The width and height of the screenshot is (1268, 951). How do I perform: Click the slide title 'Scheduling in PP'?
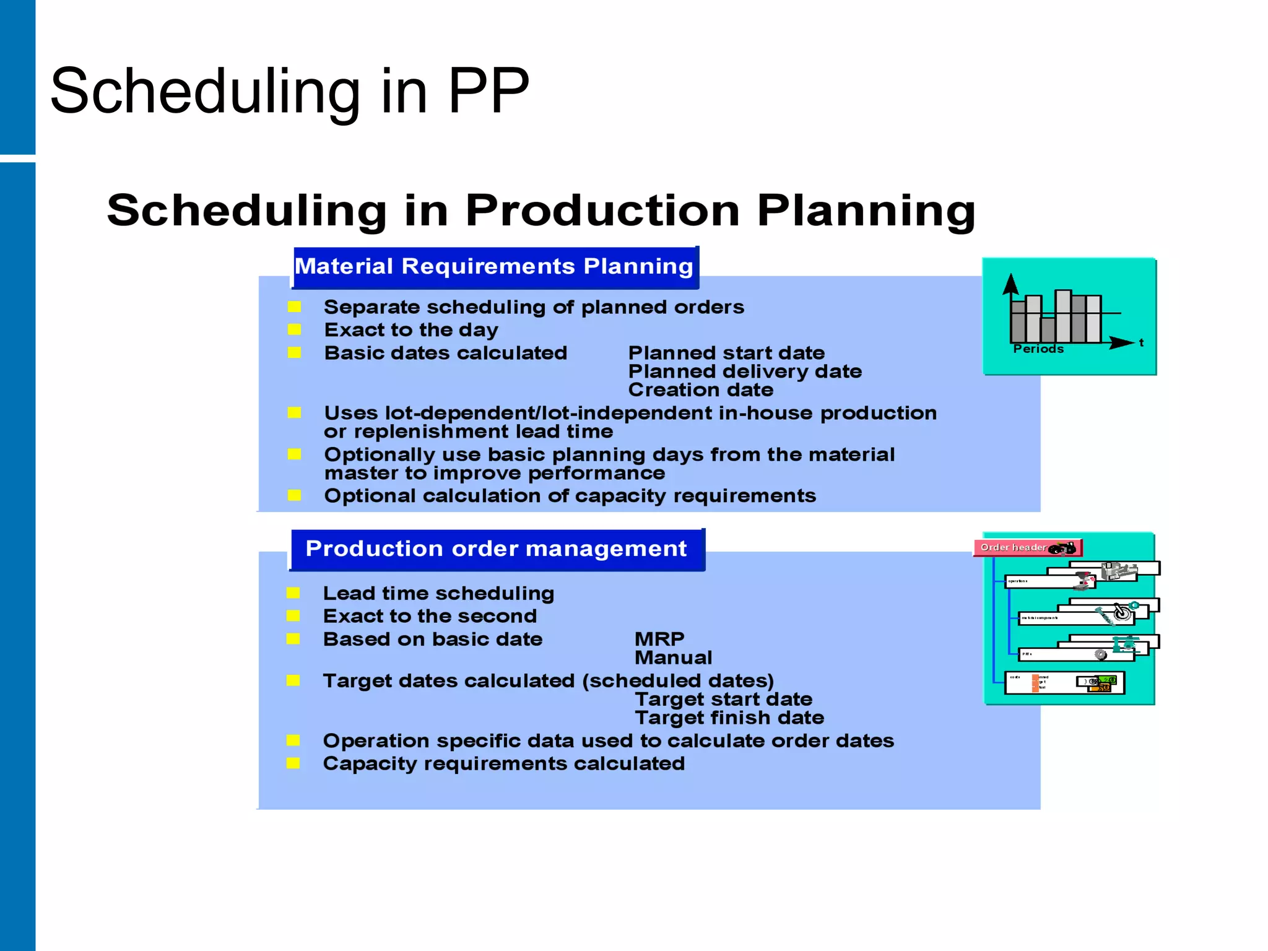[290, 92]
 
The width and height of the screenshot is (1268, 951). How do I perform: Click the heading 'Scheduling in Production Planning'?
[541, 211]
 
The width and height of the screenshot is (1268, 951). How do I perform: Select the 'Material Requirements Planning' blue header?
[494, 267]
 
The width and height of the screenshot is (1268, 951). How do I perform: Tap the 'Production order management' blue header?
[496, 549]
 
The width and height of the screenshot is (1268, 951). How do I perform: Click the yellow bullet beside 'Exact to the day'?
[294, 329]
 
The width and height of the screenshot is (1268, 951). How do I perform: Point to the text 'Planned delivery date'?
[745, 371]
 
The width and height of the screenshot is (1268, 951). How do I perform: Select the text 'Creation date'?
[701, 390]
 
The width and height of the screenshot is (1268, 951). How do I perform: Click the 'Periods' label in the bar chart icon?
[1038, 349]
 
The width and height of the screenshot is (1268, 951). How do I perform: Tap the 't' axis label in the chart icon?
[1141, 342]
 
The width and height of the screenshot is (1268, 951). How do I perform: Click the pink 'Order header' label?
[1014, 547]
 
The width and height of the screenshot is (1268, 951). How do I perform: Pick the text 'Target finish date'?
[729, 718]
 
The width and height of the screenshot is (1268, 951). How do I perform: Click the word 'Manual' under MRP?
[674, 658]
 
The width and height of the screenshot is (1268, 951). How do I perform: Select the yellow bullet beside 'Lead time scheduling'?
[293, 593]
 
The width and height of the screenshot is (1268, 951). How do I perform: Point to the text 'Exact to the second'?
[430, 616]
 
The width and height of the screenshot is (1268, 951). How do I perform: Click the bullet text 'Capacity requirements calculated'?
[504, 763]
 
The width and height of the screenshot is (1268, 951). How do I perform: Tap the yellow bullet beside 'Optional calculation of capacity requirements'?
[294, 495]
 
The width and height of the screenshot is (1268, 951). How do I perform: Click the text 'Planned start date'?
[726, 353]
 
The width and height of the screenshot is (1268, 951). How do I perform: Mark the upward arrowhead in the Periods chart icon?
[1010, 284]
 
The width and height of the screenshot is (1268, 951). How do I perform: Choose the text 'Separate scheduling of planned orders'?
[534, 307]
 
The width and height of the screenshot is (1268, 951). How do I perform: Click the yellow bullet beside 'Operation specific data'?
[293, 740]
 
